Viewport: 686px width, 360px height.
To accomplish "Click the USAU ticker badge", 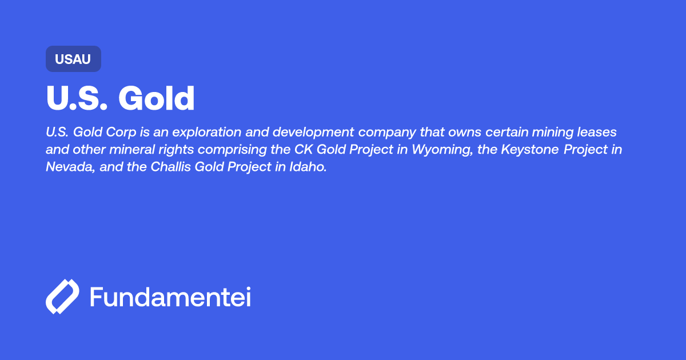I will pyautogui.click(x=73, y=59).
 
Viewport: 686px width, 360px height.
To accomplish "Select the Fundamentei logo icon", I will pyautogui.click(x=62, y=297).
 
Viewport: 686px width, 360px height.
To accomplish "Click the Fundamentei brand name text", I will pyautogui.click(x=170, y=297).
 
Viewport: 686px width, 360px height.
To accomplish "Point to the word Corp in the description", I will pyautogui.click(x=121, y=132).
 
